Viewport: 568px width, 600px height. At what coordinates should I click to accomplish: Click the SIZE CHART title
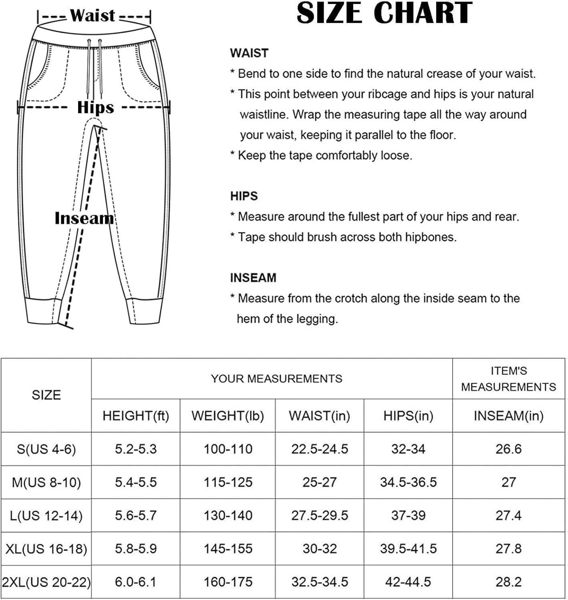point(384,13)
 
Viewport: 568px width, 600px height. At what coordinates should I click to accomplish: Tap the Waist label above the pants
point(93,16)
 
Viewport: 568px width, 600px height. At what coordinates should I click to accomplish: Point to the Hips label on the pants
point(95,107)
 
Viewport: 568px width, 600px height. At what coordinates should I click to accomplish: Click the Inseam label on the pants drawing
point(84,218)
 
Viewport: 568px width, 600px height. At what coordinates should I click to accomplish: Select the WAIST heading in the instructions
point(249,53)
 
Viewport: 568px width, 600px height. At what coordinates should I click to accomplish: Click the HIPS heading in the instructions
point(244,196)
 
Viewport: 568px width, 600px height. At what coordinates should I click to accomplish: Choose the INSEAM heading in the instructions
point(253,278)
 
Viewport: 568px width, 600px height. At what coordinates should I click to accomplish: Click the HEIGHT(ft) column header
point(136,416)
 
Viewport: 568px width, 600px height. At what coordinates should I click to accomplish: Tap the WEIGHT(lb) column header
point(228,416)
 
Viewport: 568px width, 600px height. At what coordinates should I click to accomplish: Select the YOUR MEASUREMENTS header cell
point(276,379)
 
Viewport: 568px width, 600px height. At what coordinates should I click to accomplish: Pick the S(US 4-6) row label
point(46,449)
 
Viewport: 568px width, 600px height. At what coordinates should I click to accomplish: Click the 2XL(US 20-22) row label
point(46,582)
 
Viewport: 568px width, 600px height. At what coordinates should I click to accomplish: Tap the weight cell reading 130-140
point(228,516)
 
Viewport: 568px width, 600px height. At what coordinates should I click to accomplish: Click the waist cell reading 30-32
point(320,549)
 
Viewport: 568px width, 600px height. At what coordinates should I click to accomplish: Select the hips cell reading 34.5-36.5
point(408,482)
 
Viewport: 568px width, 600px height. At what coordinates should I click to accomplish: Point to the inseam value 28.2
point(508,582)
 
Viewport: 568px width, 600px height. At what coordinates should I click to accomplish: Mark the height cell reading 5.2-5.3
point(136,449)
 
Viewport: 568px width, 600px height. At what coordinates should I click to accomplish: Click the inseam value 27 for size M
point(508,482)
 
